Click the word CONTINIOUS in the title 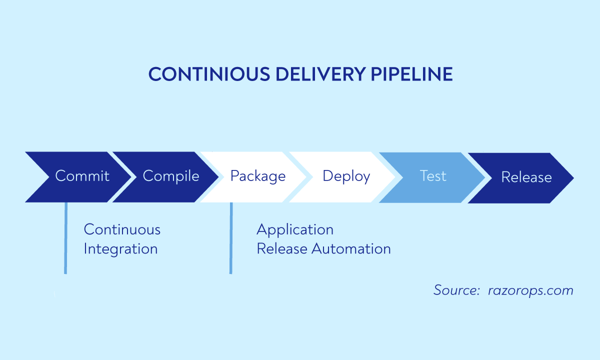(x=202, y=74)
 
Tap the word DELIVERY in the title (x=314, y=74)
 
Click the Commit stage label (x=82, y=176)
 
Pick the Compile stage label (x=171, y=176)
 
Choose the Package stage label (x=258, y=176)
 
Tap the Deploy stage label (x=346, y=176)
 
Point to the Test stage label (x=433, y=176)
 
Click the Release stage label (x=526, y=177)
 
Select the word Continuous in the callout (x=122, y=229)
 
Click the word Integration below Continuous (x=120, y=249)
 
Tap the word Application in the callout (x=295, y=229)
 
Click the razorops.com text (x=530, y=290)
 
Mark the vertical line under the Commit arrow (x=65, y=238)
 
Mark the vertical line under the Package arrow (x=230, y=238)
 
